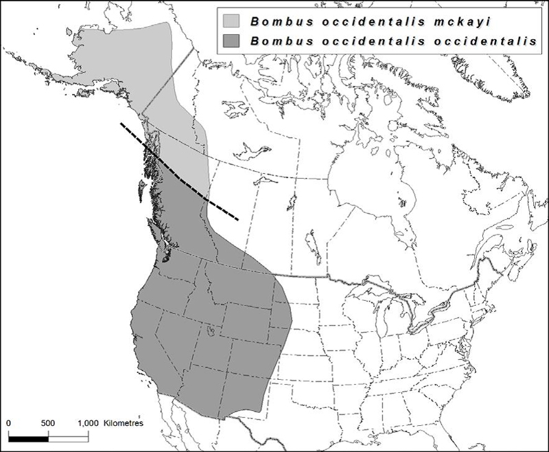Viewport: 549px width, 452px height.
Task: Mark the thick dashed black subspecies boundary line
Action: pyautogui.click(x=180, y=175)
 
